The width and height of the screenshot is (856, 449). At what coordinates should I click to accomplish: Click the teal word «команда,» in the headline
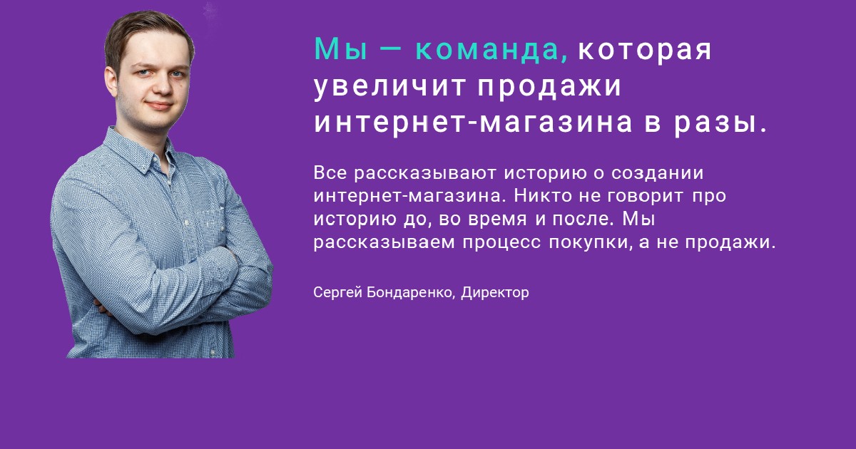(491, 50)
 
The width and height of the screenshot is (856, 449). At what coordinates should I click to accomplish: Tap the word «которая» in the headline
(645, 50)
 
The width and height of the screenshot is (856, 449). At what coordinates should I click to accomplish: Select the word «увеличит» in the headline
(389, 88)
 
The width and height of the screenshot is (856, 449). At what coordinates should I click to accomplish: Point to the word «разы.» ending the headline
(720, 125)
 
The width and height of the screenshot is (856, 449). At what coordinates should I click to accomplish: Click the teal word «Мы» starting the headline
(341, 49)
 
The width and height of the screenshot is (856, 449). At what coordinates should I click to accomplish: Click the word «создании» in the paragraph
(657, 174)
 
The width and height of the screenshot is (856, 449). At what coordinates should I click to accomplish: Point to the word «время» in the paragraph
(498, 220)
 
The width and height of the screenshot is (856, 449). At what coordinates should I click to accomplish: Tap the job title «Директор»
(495, 293)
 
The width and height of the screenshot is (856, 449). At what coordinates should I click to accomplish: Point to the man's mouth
(159, 105)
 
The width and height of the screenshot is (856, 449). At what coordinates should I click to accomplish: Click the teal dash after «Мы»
(391, 50)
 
